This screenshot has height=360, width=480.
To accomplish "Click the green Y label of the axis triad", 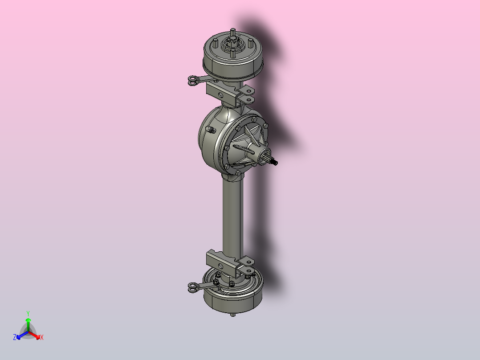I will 28,313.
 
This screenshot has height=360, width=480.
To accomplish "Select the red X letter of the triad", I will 42,338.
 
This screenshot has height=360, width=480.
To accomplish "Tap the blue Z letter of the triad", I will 15,338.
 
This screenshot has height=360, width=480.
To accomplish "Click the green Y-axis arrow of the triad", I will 28,323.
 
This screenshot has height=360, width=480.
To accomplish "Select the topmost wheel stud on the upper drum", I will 232,32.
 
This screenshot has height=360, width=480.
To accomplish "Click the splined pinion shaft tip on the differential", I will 275,162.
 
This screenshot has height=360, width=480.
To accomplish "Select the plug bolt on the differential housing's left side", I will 210,130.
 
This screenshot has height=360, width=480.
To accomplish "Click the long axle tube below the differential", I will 233,214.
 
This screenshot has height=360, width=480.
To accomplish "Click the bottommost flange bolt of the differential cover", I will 238,173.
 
